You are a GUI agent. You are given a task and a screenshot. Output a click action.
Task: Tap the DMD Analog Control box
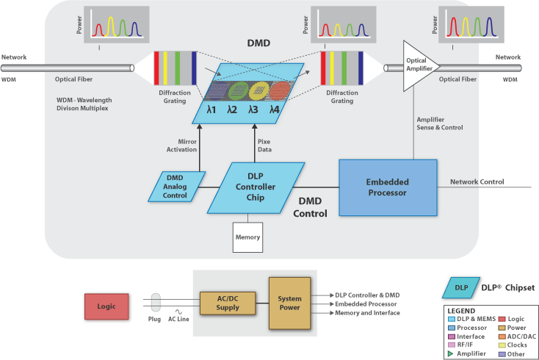(x=175, y=187)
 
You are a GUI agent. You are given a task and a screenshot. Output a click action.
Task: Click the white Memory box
(x=247, y=237)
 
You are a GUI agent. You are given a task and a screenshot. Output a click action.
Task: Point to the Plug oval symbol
(x=155, y=302)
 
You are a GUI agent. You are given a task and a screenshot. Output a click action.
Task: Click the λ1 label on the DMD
(x=211, y=109)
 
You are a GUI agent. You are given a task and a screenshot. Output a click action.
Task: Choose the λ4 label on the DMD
(x=274, y=109)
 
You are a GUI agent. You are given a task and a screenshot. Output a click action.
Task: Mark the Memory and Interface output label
(x=367, y=313)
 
